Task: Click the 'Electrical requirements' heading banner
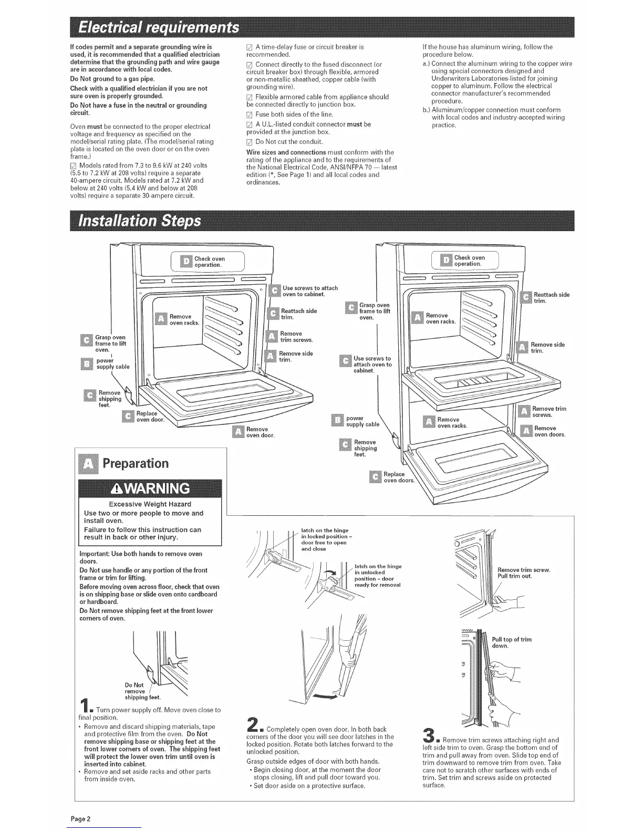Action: point(158,27)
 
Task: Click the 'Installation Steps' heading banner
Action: point(139,220)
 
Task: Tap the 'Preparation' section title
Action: point(136,463)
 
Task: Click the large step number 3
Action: point(429,735)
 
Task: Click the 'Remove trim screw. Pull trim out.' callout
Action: point(523,573)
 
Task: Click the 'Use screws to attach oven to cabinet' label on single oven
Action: point(310,291)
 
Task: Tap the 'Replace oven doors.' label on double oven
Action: point(399,477)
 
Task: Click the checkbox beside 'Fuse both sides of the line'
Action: point(250,115)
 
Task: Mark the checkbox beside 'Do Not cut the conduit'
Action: point(250,142)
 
